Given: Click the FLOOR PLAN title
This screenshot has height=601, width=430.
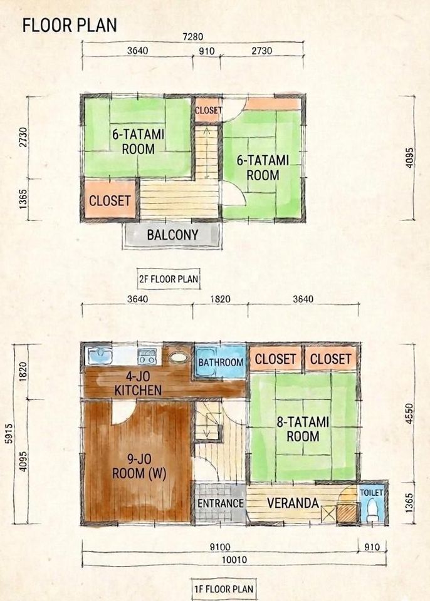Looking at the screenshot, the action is [70, 25].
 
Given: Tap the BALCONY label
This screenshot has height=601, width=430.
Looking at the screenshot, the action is [172, 235].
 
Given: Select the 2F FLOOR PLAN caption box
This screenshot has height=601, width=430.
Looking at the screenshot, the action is [169, 279].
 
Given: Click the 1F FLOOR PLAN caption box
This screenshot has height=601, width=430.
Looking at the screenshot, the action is [223, 588].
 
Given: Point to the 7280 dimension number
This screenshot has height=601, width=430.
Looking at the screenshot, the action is [192, 37].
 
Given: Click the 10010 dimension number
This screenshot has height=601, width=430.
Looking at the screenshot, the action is [234, 560].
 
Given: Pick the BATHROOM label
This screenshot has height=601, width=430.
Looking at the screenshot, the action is [221, 362].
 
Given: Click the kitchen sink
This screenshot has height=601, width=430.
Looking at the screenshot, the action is [100, 356].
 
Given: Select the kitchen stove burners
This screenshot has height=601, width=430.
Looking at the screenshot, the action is [147, 356].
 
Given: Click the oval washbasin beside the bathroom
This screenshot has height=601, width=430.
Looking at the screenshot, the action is [179, 357].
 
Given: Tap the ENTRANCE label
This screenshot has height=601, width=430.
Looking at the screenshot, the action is [221, 503].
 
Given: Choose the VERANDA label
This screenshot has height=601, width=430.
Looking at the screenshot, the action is [293, 503].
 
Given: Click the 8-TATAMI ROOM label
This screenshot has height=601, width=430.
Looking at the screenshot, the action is [303, 429].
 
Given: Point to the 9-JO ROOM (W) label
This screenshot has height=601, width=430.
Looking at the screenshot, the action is [139, 466].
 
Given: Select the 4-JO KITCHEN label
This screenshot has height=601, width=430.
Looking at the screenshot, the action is [138, 384].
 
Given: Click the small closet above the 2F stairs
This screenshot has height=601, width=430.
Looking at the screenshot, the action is [207, 110].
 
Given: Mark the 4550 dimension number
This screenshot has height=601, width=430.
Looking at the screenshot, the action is [410, 413].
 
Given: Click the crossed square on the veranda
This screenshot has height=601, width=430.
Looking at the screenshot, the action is [328, 514].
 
